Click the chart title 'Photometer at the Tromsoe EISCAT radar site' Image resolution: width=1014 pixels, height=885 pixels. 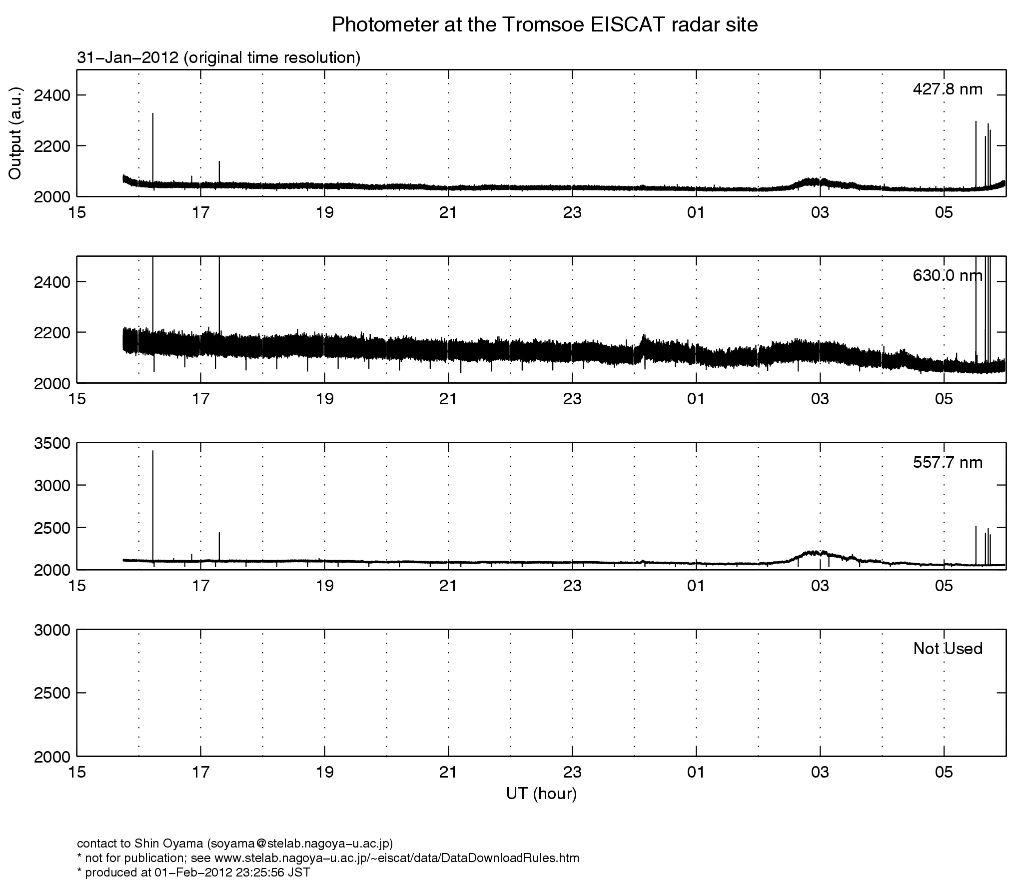tap(544, 24)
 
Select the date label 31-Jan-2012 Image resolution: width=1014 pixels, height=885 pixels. tap(127, 58)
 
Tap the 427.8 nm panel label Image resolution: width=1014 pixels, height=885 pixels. tap(948, 89)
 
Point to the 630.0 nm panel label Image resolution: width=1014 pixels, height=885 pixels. tap(948, 276)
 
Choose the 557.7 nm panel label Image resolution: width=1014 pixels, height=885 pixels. tap(948, 463)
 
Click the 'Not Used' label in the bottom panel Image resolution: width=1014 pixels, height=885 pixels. tap(948, 649)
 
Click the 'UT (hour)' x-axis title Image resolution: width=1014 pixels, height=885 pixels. tap(541, 794)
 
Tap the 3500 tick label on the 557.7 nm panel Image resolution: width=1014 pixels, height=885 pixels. tap(52, 443)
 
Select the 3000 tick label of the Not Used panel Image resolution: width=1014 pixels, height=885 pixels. tap(52, 630)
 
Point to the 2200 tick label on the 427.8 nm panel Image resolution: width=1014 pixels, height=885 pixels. tap(52, 146)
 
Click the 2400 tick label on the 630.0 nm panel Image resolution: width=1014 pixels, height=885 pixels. tap(52, 282)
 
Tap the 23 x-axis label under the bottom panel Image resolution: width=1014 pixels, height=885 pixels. tap(572, 773)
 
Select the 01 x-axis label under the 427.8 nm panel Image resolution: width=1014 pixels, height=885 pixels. tap(696, 213)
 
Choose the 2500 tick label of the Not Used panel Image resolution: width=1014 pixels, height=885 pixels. tap(52, 693)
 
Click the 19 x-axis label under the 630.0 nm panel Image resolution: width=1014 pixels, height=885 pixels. tap(324, 399)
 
